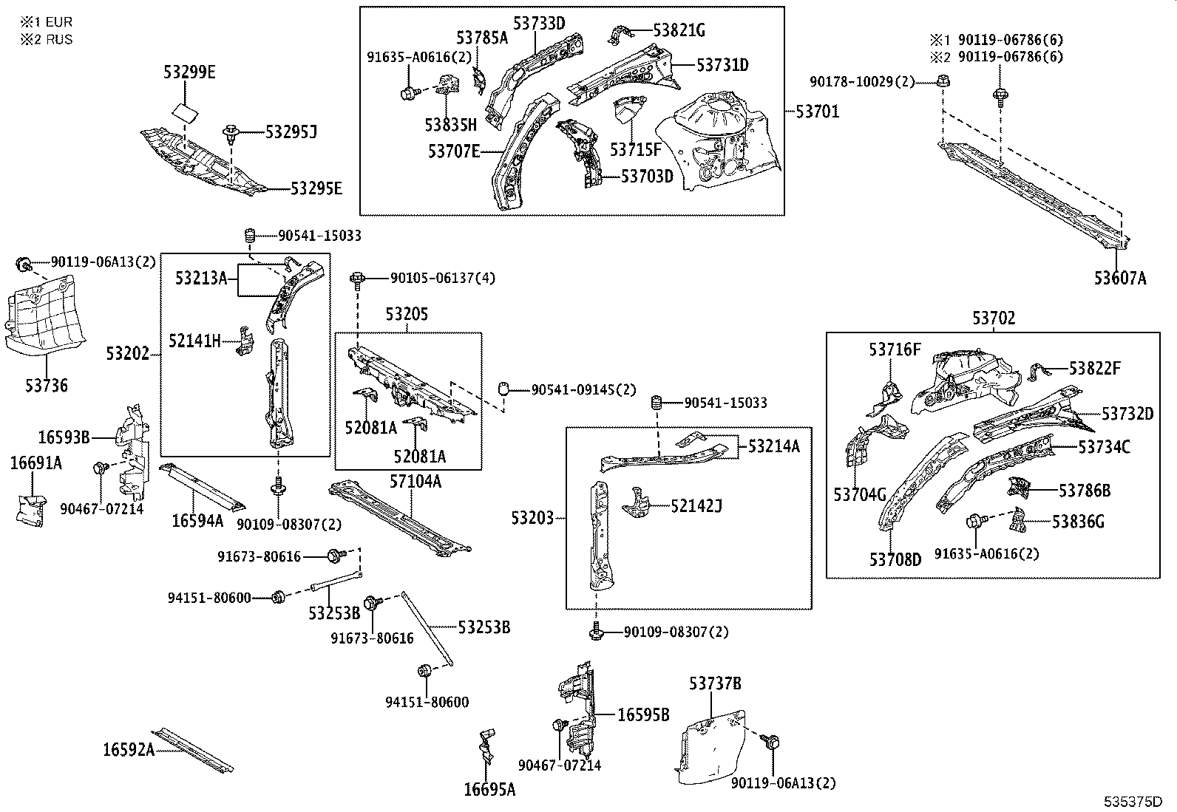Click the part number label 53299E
tap(189, 72)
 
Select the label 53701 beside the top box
tap(818, 112)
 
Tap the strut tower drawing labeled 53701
tap(725, 144)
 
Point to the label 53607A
tap(1120, 278)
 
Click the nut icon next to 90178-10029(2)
tap(943, 81)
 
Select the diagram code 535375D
tap(1133, 801)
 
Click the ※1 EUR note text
tap(47, 23)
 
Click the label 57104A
tap(415, 482)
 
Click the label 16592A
tap(129, 750)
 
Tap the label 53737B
tap(715, 684)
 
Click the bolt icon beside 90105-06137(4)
tap(359, 279)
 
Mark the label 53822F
tap(1094, 368)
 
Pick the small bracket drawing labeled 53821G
tap(620, 35)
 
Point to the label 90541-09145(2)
tap(583, 389)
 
